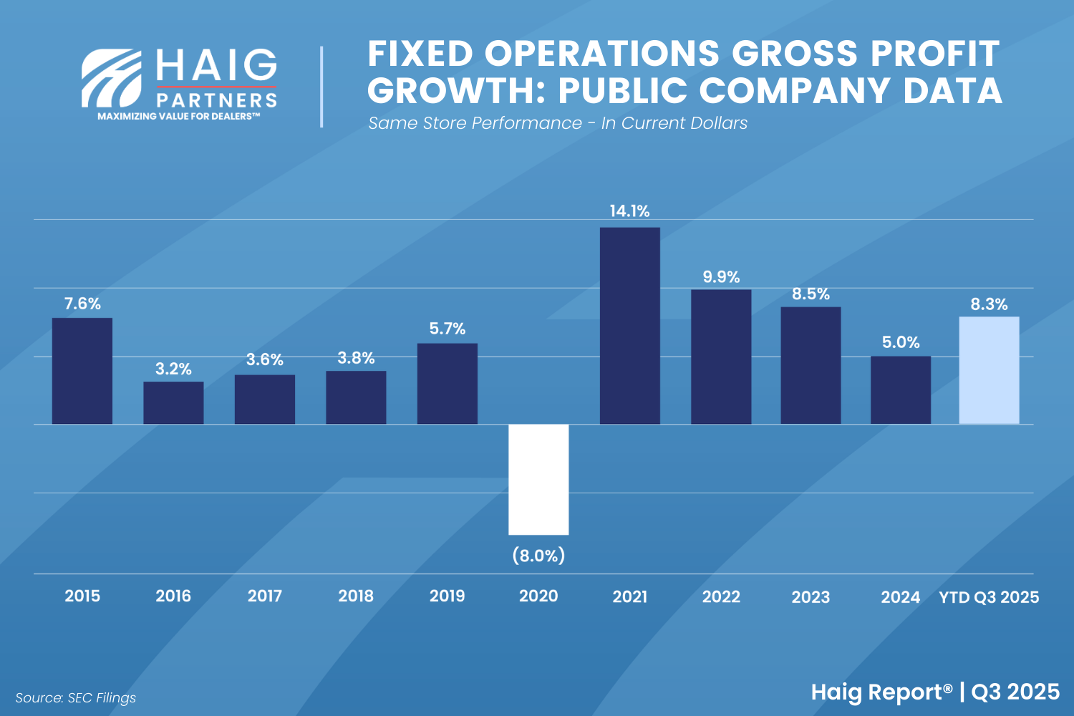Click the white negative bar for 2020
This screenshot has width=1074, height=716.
point(538,479)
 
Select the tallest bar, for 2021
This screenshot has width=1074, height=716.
point(629,326)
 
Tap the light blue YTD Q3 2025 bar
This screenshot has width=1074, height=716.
point(989,370)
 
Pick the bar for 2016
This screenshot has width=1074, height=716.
point(173,402)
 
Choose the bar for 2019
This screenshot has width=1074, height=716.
point(447,384)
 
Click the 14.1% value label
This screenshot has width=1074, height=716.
point(629,211)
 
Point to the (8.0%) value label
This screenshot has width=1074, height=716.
point(538,556)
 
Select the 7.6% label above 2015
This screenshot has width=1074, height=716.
point(82,304)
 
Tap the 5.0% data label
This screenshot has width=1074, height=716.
point(901,342)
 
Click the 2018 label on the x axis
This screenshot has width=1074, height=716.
point(356,596)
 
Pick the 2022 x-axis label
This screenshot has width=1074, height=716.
point(721,596)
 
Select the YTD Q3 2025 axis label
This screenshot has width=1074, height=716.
point(989,597)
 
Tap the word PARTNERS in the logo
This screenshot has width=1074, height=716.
point(216,100)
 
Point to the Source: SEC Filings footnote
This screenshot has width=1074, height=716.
point(75,697)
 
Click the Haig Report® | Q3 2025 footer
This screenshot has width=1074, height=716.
point(935,692)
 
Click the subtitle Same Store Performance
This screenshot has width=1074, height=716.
point(475,123)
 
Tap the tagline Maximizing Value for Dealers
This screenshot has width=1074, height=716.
point(178,116)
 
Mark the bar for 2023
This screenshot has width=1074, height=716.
point(811,365)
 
